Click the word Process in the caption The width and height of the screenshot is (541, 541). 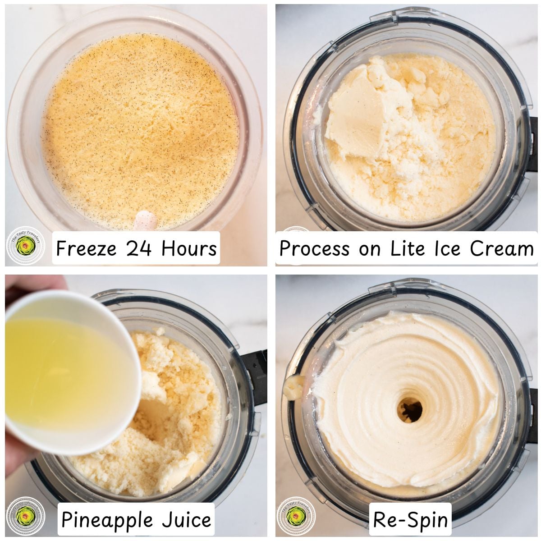[315, 248]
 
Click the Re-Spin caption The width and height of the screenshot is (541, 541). [411, 519]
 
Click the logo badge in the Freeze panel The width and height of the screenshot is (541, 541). [26, 246]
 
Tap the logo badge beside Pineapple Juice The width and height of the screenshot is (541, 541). [26, 517]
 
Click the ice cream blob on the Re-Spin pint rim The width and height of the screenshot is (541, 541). [292, 387]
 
